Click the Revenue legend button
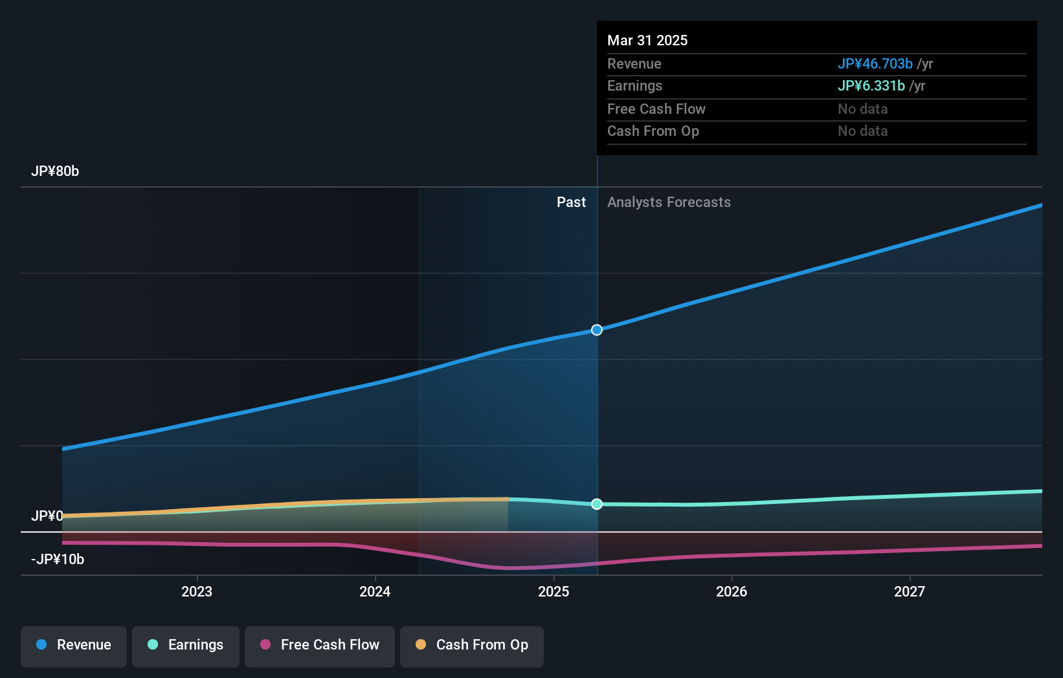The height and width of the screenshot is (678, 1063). coord(74,645)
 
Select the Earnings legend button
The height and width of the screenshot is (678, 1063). coord(186,645)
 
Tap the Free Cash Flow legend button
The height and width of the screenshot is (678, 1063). coord(320,645)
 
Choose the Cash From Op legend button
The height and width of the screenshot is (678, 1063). coord(472,645)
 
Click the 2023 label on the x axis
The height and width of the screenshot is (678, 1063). coord(197,591)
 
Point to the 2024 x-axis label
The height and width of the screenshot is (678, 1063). coord(375,591)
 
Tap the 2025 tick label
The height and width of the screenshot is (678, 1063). coord(554,591)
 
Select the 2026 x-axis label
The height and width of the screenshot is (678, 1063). coord(732,591)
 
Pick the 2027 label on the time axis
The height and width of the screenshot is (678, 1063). coord(910,591)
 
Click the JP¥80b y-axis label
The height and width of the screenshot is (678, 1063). coord(55,171)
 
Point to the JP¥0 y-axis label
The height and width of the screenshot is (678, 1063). coord(47,516)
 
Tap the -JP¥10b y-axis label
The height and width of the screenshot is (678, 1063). coord(58,559)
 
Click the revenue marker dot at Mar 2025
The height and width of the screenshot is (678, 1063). coord(597,330)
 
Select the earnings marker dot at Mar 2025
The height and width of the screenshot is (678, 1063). coord(597,504)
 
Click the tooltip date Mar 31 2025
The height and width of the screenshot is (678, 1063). coord(647,40)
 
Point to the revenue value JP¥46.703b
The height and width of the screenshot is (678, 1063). coord(875,63)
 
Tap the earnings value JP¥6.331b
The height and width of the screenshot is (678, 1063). coord(871,85)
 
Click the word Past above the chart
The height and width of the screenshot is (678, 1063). coord(571,202)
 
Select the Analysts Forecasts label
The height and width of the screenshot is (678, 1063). coord(669,202)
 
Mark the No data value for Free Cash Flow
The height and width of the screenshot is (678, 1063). coord(862,109)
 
